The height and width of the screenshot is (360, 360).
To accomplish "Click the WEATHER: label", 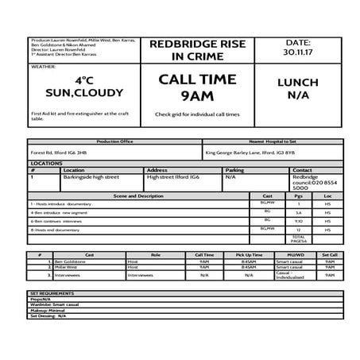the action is pos(43,68).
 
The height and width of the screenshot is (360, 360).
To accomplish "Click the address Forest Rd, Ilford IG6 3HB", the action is pos(58,153).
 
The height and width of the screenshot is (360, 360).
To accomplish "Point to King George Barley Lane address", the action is pos(250,153).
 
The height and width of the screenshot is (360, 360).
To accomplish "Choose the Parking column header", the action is pos(234,170).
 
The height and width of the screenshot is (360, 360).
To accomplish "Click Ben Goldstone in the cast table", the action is pos(69,261).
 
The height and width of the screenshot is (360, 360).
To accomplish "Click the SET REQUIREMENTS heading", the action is pos(52,292).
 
